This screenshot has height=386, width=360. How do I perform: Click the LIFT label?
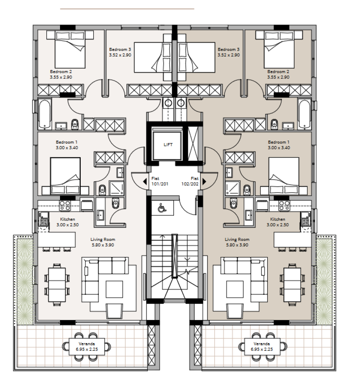point(168,145)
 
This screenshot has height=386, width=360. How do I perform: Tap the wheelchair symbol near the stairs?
point(162,208)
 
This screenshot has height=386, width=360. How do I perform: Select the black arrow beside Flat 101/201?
point(145,182)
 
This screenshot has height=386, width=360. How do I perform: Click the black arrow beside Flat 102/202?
point(204,181)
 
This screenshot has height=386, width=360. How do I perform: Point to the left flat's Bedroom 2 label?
point(61,74)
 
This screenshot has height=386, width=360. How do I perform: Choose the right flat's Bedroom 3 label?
point(228,52)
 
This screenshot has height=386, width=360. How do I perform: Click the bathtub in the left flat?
point(45,114)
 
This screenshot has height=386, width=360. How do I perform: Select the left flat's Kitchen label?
point(68,222)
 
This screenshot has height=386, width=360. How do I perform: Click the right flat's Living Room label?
point(237,242)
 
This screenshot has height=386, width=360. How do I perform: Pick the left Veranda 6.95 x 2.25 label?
point(87,346)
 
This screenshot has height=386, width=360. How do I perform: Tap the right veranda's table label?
point(262,346)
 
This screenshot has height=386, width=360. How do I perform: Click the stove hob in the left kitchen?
point(65,205)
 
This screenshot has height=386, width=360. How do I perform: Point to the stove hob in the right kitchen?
point(285,205)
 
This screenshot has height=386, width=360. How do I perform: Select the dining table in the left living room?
point(57,285)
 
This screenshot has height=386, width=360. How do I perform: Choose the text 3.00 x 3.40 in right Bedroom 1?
point(279,148)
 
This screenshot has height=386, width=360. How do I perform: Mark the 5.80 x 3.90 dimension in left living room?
point(103,245)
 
